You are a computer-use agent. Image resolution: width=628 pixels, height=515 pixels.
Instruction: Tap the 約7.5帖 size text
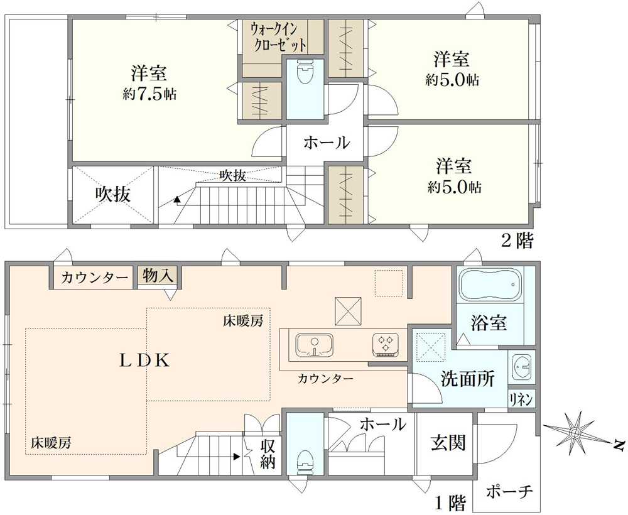tap(149, 94)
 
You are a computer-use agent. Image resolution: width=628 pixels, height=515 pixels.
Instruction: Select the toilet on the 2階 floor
tap(305, 72)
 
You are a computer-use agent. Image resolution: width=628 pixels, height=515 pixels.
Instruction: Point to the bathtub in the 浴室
tap(490, 284)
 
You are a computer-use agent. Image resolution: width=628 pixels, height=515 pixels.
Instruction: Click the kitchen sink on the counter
tap(315, 345)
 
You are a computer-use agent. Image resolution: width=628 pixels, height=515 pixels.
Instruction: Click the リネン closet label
tap(521, 399)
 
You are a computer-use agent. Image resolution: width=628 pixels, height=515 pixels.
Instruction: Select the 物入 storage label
tap(159, 276)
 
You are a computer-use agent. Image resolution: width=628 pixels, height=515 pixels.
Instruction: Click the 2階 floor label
tap(517, 241)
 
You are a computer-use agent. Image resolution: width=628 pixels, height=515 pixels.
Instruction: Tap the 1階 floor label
tap(451, 501)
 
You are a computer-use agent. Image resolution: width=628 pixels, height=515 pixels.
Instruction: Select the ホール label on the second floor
tap(327, 143)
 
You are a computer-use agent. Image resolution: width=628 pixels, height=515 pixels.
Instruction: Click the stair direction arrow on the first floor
tap(237, 456)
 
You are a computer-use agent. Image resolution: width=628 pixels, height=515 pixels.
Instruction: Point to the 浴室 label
tap(489, 323)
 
